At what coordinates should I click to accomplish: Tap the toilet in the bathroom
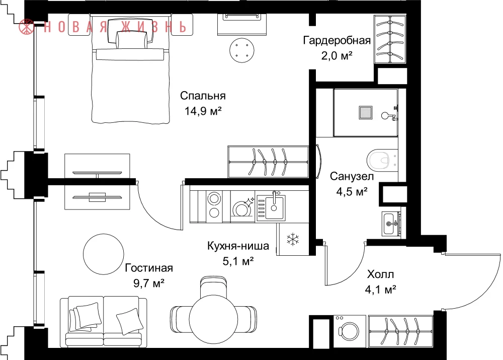pos(382,160)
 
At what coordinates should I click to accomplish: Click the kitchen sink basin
pos(274,208)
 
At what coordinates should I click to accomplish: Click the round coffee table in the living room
pos(103,254)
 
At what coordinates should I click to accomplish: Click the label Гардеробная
pos(337,40)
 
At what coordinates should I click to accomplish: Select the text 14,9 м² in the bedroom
pos(203,111)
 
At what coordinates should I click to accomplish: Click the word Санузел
pos(352,176)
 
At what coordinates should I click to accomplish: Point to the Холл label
pos(380,274)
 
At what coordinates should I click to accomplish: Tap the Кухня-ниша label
pos(238,246)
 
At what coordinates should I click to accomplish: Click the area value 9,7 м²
pos(148,283)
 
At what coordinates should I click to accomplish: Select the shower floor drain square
pos(365,113)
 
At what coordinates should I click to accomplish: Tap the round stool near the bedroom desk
pos(242,50)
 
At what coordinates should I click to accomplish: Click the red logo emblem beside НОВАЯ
pos(27,27)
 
